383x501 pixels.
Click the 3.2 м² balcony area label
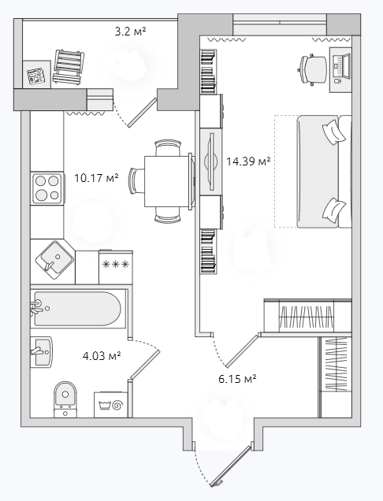[x=131, y=32]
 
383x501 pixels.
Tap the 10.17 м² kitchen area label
[x=97, y=178]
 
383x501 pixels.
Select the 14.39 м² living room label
[x=248, y=161]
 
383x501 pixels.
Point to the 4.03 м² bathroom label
[x=102, y=355]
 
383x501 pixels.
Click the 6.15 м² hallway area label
[x=237, y=379]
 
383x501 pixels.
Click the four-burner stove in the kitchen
[x=46, y=187]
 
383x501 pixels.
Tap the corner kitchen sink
[x=54, y=261]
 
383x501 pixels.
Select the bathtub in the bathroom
[x=78, y=309]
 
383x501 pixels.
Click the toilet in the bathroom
[x=65, y=399]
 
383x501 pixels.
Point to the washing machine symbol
[x=111, y=405]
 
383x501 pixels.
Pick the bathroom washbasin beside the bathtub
[x=42, y=352]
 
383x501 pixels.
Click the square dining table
[x=166, y=181]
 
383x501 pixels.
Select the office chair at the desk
[x=312, y=70]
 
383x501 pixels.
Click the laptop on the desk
[x=341, y=66]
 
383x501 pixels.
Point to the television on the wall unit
[x=210, y=161]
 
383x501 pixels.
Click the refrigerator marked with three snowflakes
[x=116, y=267]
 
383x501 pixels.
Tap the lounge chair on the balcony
[x=68, y=67]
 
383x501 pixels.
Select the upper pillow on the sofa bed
[x=334, y=131]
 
